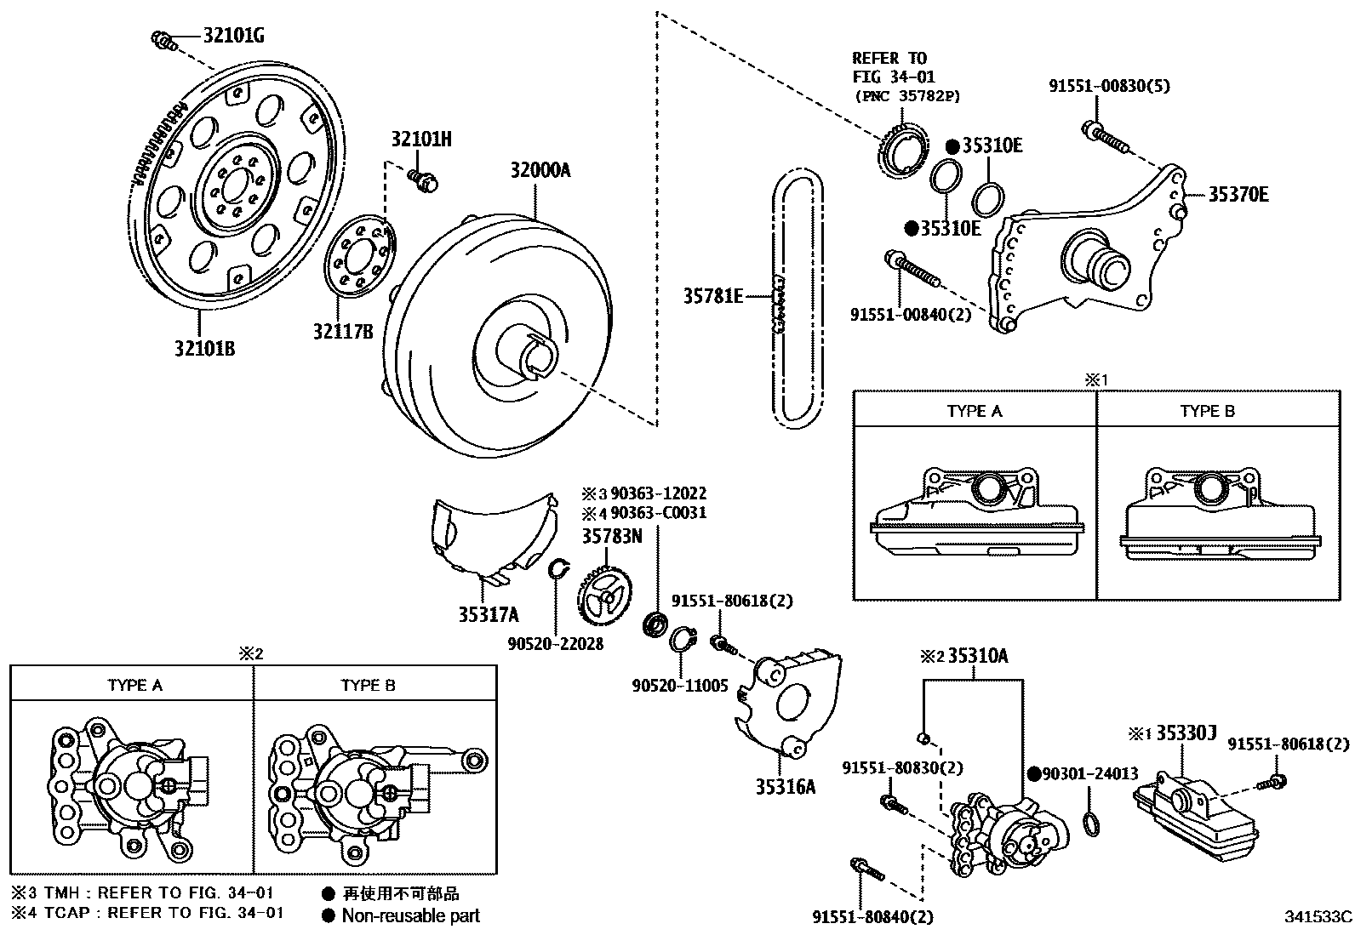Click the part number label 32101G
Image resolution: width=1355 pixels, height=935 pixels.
click(233, 37)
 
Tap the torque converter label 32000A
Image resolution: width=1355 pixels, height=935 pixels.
click(540, 170)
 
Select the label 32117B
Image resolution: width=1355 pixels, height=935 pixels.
click(343, 332)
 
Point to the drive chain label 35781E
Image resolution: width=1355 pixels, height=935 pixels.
click(713, 296)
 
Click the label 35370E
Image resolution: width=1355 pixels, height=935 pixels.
click(1238, 195)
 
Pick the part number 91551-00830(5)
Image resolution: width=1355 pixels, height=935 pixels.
click(1109, 87)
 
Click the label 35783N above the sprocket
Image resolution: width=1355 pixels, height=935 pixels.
click(612, 537)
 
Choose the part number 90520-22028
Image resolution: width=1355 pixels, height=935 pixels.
click(555, 644)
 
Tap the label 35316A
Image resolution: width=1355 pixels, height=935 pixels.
click(786, 787)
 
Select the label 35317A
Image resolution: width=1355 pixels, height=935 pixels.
click(489, 615)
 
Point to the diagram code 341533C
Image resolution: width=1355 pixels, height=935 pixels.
click(1318, 917)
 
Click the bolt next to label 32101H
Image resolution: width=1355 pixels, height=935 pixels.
click(423, 180)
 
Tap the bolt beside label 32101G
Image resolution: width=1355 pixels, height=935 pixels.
click(163, 41)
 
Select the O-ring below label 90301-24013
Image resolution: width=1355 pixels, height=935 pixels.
click(1090, 824)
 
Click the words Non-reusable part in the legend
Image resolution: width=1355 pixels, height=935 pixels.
click(411, 915)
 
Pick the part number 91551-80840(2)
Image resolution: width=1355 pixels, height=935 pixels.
click(873, 917)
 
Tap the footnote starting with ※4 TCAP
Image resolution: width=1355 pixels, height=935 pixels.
click(147, 913)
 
